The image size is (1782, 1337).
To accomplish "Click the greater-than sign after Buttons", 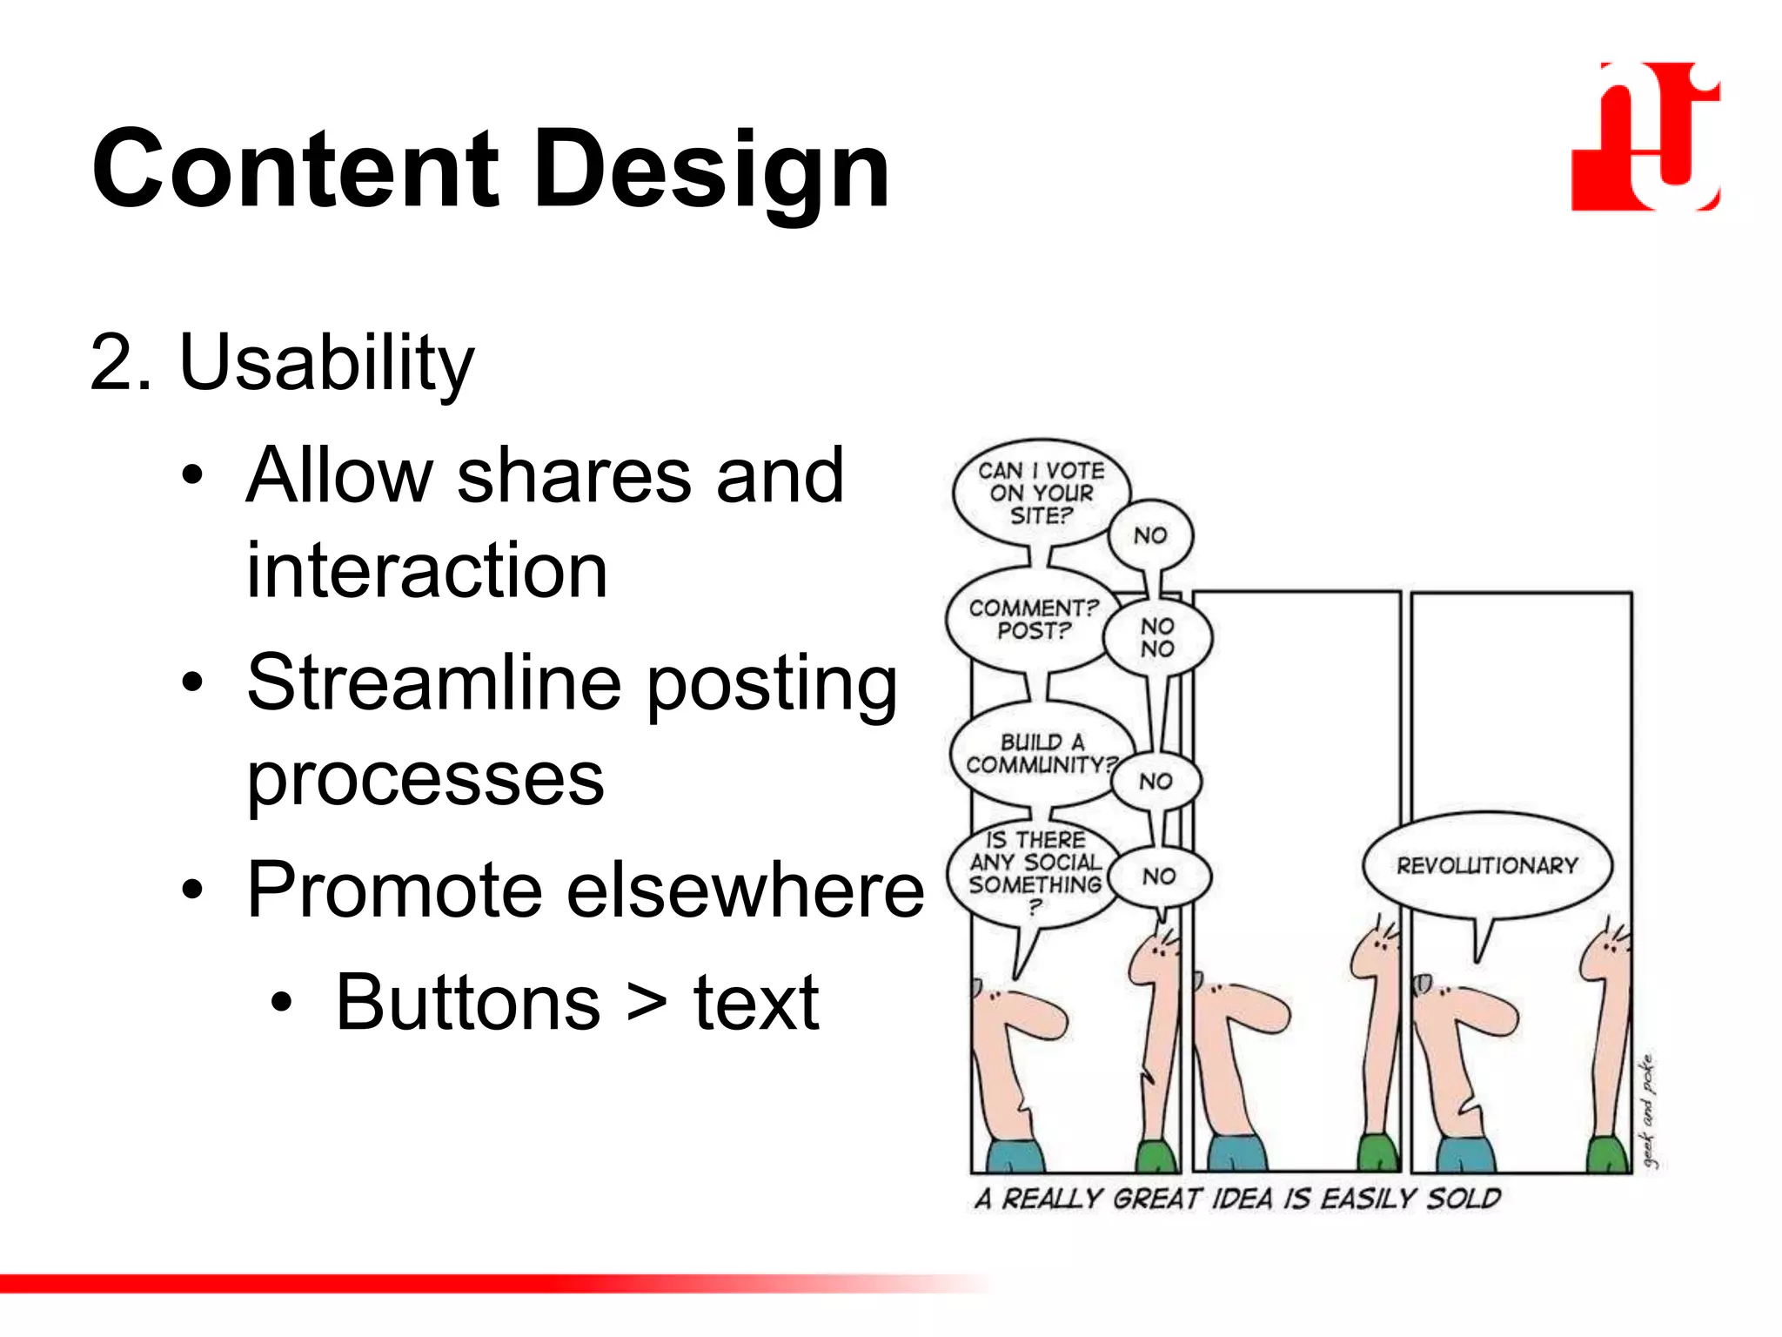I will pyautogui.click(x=647, y=1003).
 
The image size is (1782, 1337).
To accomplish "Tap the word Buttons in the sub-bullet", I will pyautogui.click(x=467, y=1003).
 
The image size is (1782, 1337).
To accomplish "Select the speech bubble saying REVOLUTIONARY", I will pyautogui.click(x=1486, y=865).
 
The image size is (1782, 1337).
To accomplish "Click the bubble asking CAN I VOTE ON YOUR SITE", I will pyautogui.click(x=1040, y=493).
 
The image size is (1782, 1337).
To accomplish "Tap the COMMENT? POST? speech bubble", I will pyautogui.click(x=1032, y=619).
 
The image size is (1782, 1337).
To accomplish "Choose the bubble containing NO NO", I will pyautogui.click(x=1157, y=638).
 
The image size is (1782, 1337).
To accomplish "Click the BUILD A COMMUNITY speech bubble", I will pyautogui.click(x=1041, y=753).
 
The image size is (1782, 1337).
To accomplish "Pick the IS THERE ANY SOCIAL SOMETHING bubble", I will pyautogui.click(x=1035, y=872).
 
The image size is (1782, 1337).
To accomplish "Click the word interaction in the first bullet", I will pyautogui.click(x=426, y=571).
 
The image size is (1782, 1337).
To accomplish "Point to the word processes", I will pyautogui.click(x=425, y=778).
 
